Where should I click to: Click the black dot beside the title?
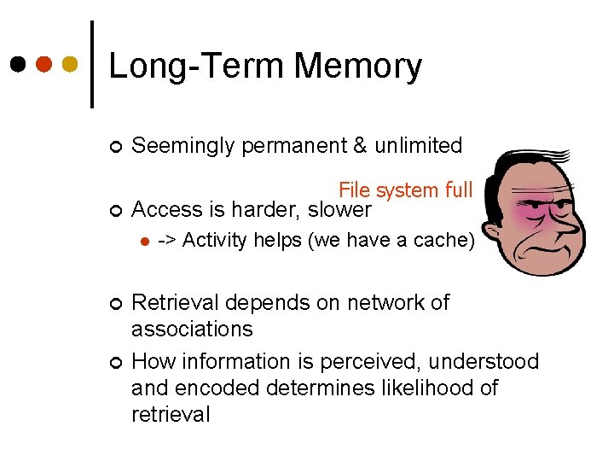(x=18, y=65)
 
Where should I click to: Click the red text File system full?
(x=405, y=190)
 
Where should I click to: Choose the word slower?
(x=339, y=210)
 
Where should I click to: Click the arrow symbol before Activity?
(x=167, y=241)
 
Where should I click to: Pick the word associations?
(x=192, y=330)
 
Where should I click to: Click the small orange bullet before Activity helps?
(x=145, y=242)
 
